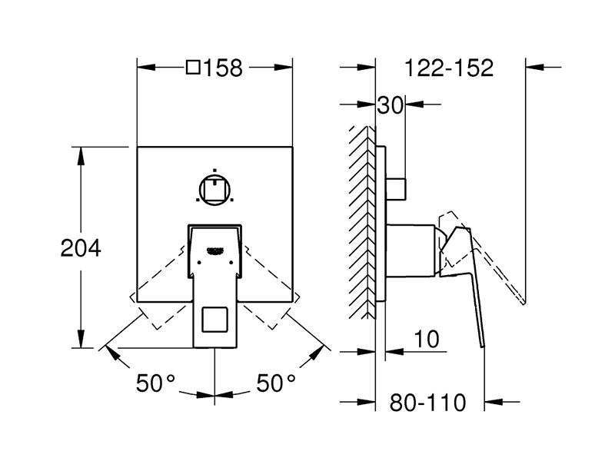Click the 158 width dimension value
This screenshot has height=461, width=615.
point(223,68)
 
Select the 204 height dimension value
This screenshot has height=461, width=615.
point(81,248)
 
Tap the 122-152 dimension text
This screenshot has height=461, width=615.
point(448,68)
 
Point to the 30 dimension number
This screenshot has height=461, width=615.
point(391,105)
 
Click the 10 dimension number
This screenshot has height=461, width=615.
point(427,339)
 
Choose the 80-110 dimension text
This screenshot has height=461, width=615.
point(427,402)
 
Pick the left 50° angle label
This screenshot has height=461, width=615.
point(155,383)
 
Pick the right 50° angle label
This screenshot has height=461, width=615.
point(276,383)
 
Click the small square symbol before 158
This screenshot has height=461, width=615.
point(194,67)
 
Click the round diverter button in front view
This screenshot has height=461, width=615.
point(214,190)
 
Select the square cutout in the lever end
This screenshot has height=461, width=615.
point(214,320)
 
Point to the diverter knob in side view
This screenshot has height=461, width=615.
point(396,189)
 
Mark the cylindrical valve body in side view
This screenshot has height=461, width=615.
point(411,250)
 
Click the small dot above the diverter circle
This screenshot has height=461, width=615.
point(214,171)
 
